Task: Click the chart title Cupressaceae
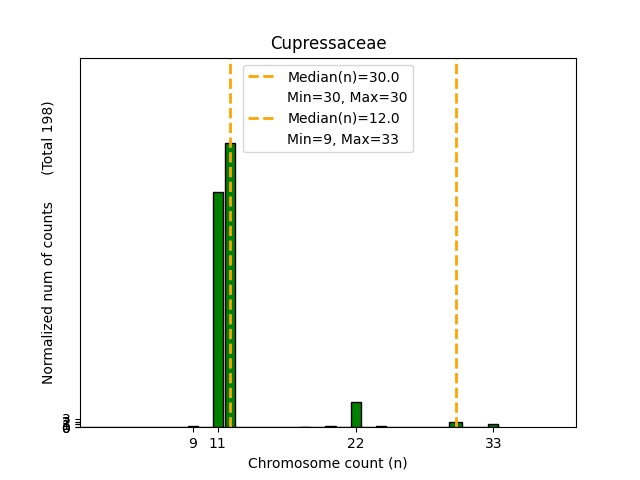point(328,43)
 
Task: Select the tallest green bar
point(230,285)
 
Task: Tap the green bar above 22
point(356,414)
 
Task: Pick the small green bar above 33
point(493,425)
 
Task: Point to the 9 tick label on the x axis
point(193,443)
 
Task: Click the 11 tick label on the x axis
point(218,443)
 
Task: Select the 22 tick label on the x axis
point(356,443)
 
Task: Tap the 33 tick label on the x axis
point(493,443)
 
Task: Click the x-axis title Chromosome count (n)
point(328,463)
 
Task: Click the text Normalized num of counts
point(48,293)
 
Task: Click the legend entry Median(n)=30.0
point(343,77)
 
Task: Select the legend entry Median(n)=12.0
point(343,118)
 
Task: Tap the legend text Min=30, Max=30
point(347,97)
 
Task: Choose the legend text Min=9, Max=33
point(343,139)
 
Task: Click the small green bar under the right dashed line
point(456,424)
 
